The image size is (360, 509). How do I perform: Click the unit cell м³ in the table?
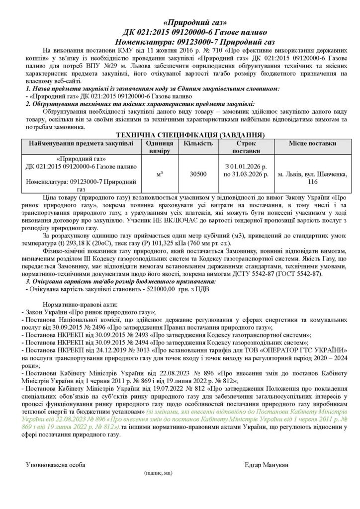[x=160, y=174]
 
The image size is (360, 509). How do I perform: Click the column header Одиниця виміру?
[x=160, y=147]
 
